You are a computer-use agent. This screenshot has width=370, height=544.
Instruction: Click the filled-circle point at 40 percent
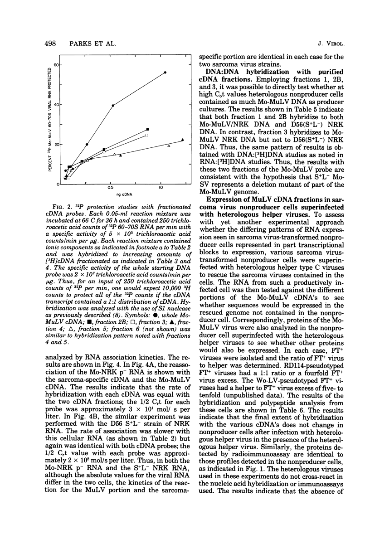113,106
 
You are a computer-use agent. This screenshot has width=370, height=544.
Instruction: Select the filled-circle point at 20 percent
87,145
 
